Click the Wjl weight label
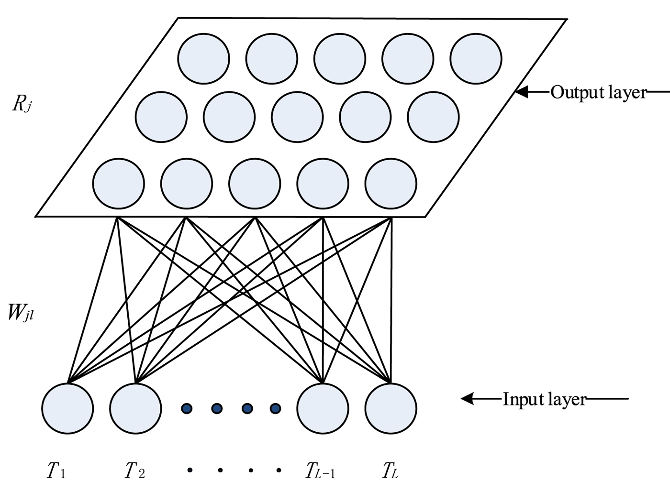[x=21, y=313]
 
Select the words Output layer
[x=598, y=92]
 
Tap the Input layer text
[x=544, y=399]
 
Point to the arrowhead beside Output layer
[x=522, y=92]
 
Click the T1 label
[x=56, y=470]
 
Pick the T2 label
[x=134, y=470]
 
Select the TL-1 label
[x=320, y=470]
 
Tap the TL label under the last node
[x=390, y=470]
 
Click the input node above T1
[x=67, y=408]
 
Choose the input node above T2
[x=135, y=408]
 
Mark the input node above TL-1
[x=323, y=408]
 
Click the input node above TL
[x=391, y=408]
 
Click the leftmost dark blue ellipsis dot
[x=187, y=408]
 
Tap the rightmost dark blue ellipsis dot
[x=275, y=408]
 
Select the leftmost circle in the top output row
[x=203, y=58]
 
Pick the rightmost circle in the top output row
[x=476, y=58]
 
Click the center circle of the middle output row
[x=297, y=117]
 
